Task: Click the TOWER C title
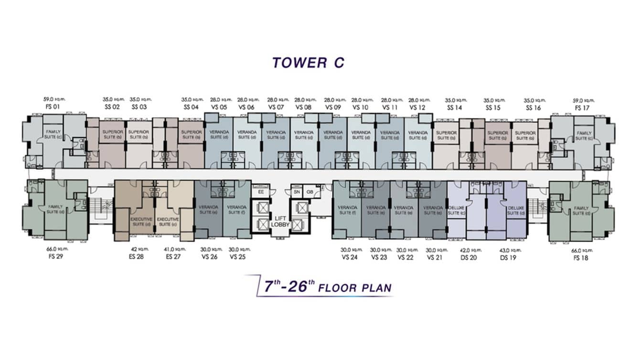click(308, 63)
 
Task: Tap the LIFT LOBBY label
click(280, 221)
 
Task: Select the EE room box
click(261, 191)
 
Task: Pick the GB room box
click(310, 191)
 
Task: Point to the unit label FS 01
click(53, 107)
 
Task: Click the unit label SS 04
click(191, 107)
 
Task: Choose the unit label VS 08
click(303, 107)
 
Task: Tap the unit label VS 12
click(417, 107)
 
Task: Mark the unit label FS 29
click(55, 256)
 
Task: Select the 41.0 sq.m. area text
click(174, 249)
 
